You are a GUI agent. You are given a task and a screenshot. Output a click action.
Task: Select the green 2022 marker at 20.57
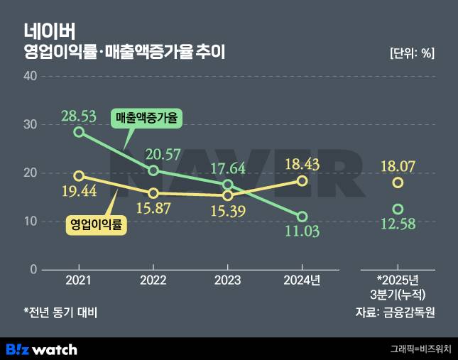click(153, 170)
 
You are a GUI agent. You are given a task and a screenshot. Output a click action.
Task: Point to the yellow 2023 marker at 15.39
click(228, 195)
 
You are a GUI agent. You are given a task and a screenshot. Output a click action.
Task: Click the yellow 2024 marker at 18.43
click(302, 180)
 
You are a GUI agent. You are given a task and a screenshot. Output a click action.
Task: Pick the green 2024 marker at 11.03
click(302, 217)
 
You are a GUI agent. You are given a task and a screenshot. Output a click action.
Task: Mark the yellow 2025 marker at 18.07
click(398, 182)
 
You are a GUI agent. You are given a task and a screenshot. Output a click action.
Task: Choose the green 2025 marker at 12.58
click(398, 209)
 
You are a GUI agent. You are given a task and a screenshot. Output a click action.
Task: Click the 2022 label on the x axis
click(153, 280)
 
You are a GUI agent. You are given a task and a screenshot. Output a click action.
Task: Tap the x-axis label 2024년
click(302, 280)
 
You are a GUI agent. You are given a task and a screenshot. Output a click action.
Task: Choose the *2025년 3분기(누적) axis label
click(398, 287)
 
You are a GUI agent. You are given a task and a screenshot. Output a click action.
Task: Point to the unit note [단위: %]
click(412, 53)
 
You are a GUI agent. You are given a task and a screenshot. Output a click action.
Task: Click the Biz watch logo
click(41, 349)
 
